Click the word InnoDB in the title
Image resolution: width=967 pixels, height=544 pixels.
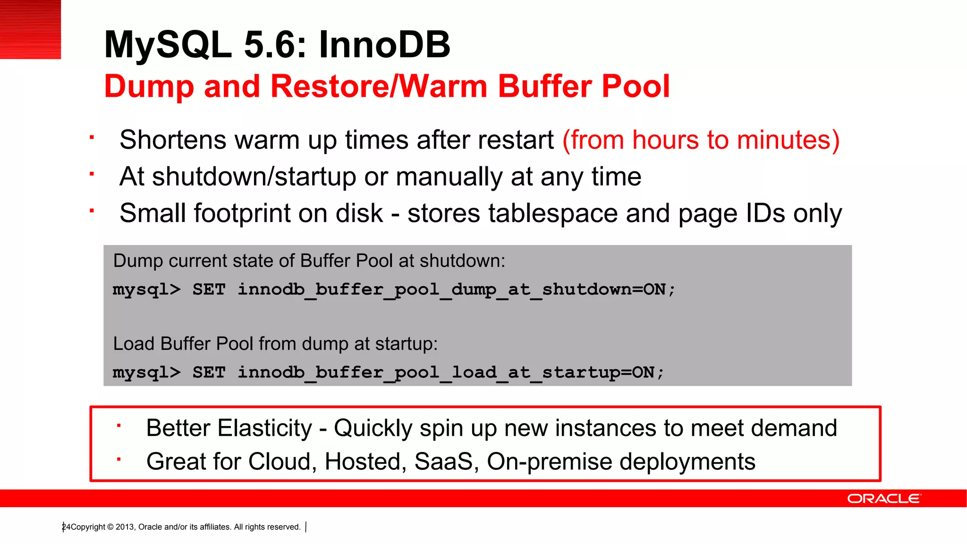tap(384, 45)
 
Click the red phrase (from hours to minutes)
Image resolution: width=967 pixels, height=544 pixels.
tap(701, 140)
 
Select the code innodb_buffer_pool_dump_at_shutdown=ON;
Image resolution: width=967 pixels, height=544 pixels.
tap(457, 289)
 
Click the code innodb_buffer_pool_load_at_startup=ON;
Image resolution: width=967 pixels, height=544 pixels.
tap(451, 372)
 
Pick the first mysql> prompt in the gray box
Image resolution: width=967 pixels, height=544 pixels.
tap(146, 289)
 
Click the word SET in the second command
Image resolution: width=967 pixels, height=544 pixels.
tap(209, 372)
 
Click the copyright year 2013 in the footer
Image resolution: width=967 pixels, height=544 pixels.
tap(125, 527)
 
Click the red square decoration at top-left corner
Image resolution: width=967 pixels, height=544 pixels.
tap(30, 29)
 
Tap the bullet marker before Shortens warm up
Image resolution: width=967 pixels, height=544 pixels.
tap(92, 138)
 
